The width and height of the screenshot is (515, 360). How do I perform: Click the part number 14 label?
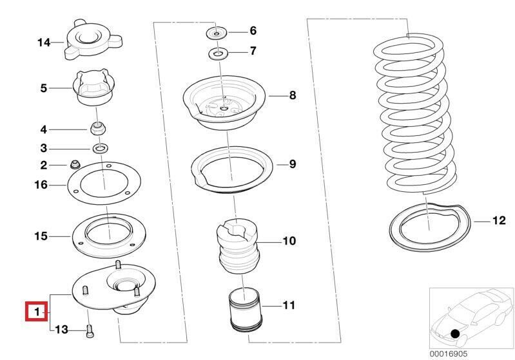point(43,43)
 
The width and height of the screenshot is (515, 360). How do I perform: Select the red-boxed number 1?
point(37,312)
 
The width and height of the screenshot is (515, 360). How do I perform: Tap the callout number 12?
point(499,222)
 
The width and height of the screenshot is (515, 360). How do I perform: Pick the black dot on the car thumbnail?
point(456,334)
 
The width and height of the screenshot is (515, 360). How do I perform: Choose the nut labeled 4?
point(98,128)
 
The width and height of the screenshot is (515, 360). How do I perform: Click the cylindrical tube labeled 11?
point(246,311)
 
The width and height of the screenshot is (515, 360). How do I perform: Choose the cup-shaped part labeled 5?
point(95,90)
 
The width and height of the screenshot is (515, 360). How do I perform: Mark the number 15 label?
point(41,236)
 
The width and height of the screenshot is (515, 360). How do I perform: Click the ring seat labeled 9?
point(230,173)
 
